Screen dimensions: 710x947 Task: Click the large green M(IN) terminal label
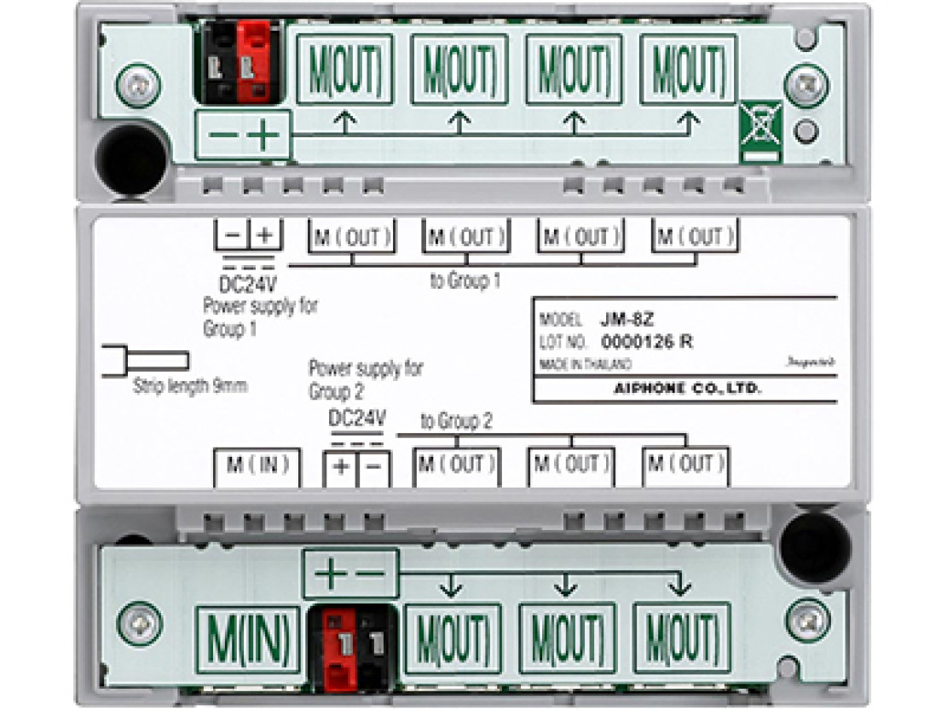click(x=248, y=636)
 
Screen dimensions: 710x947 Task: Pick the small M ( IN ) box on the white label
click(x=257, y=465)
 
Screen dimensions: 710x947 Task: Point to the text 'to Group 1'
click(x=465, y=280)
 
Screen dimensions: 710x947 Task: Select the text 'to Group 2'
click(x=456, y=421)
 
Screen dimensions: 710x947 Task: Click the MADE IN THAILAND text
click(x=586, y=364)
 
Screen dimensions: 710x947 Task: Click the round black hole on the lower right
click(x=815, y=546)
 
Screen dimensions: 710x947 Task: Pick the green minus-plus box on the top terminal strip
click(x=243, y=136)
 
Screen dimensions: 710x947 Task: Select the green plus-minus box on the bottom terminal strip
click(x=350, y=573)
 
